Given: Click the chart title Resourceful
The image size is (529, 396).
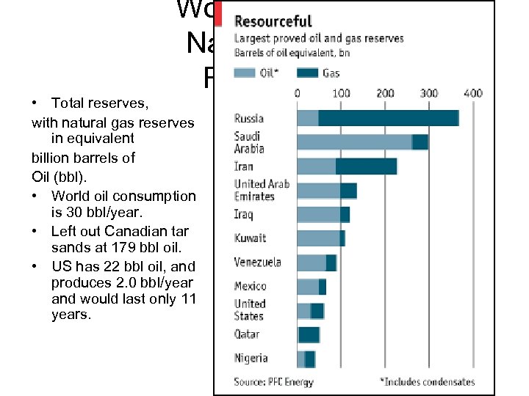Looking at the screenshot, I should click(x=273, y=21).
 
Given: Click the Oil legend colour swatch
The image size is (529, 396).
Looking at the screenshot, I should click(x=245, y=72).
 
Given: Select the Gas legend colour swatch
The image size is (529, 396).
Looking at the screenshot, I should click(x=309, y=72).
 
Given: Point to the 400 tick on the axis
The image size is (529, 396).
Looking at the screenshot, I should click(x=473, y=93).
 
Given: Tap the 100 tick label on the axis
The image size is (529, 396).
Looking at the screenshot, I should click(x=342, y=93).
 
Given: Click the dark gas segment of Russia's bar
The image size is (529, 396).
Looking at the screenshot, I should click(x=388, y=118).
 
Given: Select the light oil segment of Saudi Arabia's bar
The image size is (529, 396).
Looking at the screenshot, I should click(x=354, y=142).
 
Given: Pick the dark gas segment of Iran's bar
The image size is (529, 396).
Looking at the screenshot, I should click(x=366, y=166).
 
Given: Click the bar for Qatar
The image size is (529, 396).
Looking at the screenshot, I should click(x=309, y=334).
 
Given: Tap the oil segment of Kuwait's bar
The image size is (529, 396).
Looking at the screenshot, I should click(x=318, y=238).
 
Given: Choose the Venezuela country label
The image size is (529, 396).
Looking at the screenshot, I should click(x=257, y=263).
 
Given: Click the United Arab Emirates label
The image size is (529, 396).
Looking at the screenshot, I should click(x=262, y=190).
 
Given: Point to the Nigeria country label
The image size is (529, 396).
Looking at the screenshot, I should click(x=251, y=359).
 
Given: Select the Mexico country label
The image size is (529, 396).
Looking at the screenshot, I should click(x=250, y=286).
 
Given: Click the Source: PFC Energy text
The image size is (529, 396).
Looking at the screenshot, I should click(x=273, y=382).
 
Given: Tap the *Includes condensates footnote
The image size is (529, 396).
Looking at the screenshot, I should click(x=427, y=382).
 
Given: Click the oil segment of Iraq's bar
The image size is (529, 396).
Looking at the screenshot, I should click(x=318, y=214).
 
